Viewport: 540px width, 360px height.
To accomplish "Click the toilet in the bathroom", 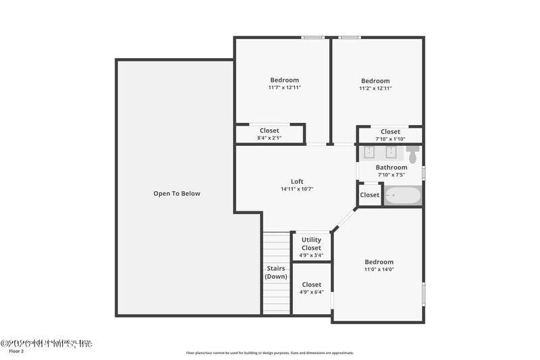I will point(412,153).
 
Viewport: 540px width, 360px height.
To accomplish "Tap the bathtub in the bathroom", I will point(403,196).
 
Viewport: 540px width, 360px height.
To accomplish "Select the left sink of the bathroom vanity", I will point(369,151).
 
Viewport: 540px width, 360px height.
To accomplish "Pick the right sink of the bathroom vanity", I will point(391,151).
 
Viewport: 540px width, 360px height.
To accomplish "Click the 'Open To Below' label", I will point(177,194).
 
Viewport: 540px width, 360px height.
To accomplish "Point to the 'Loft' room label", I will point(297,181).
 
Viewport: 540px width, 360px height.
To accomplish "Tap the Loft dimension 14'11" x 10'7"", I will point(297,189).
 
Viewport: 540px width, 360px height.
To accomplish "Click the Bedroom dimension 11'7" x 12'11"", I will point(284,88).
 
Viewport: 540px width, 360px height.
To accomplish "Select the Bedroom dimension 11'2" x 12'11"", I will point(375,88).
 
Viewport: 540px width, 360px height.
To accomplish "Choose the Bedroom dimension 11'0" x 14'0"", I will point(379,269).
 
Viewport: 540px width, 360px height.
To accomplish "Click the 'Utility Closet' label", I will point(311,243).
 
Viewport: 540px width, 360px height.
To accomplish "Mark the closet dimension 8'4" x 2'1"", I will point(269,138).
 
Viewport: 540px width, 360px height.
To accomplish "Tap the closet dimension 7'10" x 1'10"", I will point(391,139).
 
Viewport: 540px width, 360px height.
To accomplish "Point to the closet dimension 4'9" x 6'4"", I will point(311,292).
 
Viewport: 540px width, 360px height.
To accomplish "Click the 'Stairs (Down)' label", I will point(275,272).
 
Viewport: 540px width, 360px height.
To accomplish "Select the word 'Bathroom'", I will point(391,168).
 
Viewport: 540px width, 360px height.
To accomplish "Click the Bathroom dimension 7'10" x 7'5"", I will point(391,175).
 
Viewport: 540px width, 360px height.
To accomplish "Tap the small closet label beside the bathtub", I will point(369,195).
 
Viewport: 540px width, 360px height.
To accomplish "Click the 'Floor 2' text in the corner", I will point(16,352).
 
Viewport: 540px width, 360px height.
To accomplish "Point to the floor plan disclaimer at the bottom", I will point(269,353).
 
